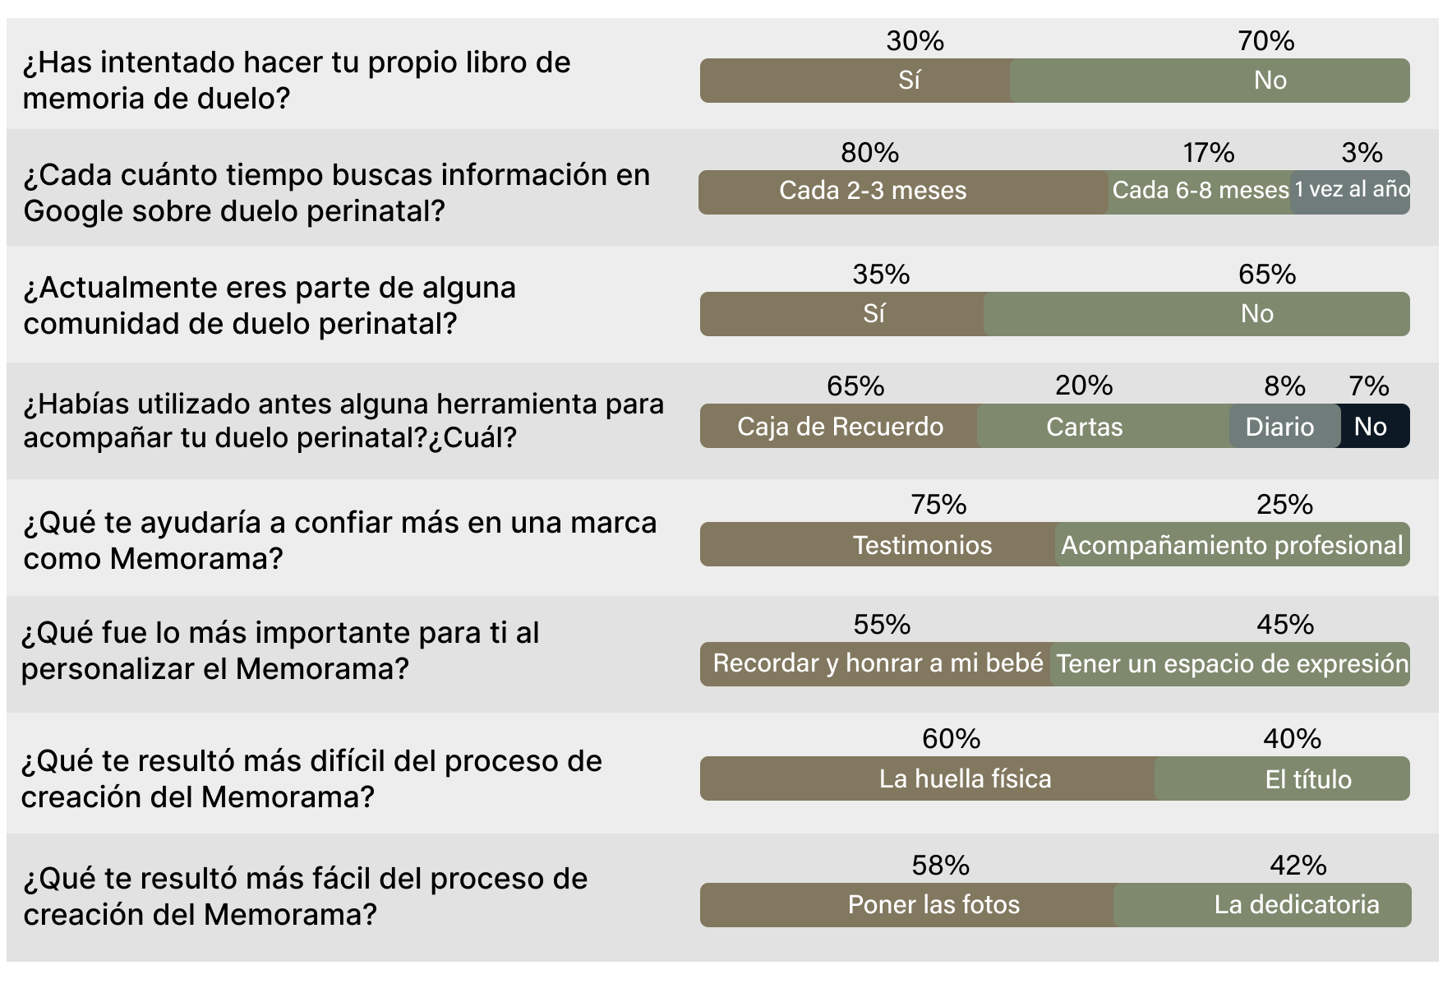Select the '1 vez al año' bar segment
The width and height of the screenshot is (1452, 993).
click(1351, 192)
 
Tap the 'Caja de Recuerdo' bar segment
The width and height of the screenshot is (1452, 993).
click(839, 426)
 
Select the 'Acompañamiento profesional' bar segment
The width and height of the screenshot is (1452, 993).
click(1232, 544)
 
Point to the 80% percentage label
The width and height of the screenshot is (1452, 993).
click(869, 153)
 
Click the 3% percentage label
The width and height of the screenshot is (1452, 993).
click(1362, 153)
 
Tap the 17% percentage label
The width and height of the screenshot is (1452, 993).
click(1208, 153)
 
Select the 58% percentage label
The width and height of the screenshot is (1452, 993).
click(940, 866)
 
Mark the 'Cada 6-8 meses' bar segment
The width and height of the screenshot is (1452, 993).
click(1200, 192)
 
